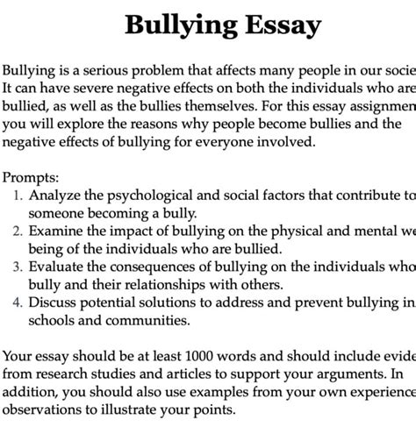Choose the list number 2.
click(18, 231)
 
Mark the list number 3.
click(18, 267)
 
